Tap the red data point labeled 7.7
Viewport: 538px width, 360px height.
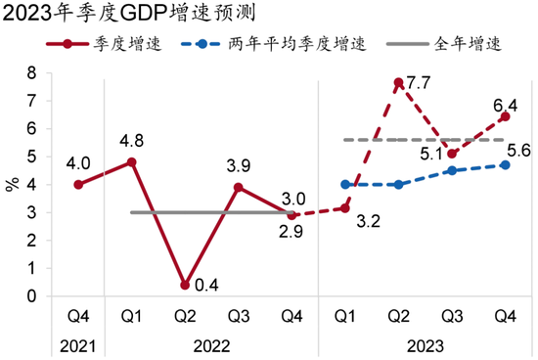398,83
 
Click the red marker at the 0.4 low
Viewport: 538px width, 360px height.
184,285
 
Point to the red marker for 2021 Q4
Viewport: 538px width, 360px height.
77,185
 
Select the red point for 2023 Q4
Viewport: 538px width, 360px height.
505,117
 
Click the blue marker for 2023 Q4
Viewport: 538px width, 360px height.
505,165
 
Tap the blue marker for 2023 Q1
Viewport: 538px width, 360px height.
345,184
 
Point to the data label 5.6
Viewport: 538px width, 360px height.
518,150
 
